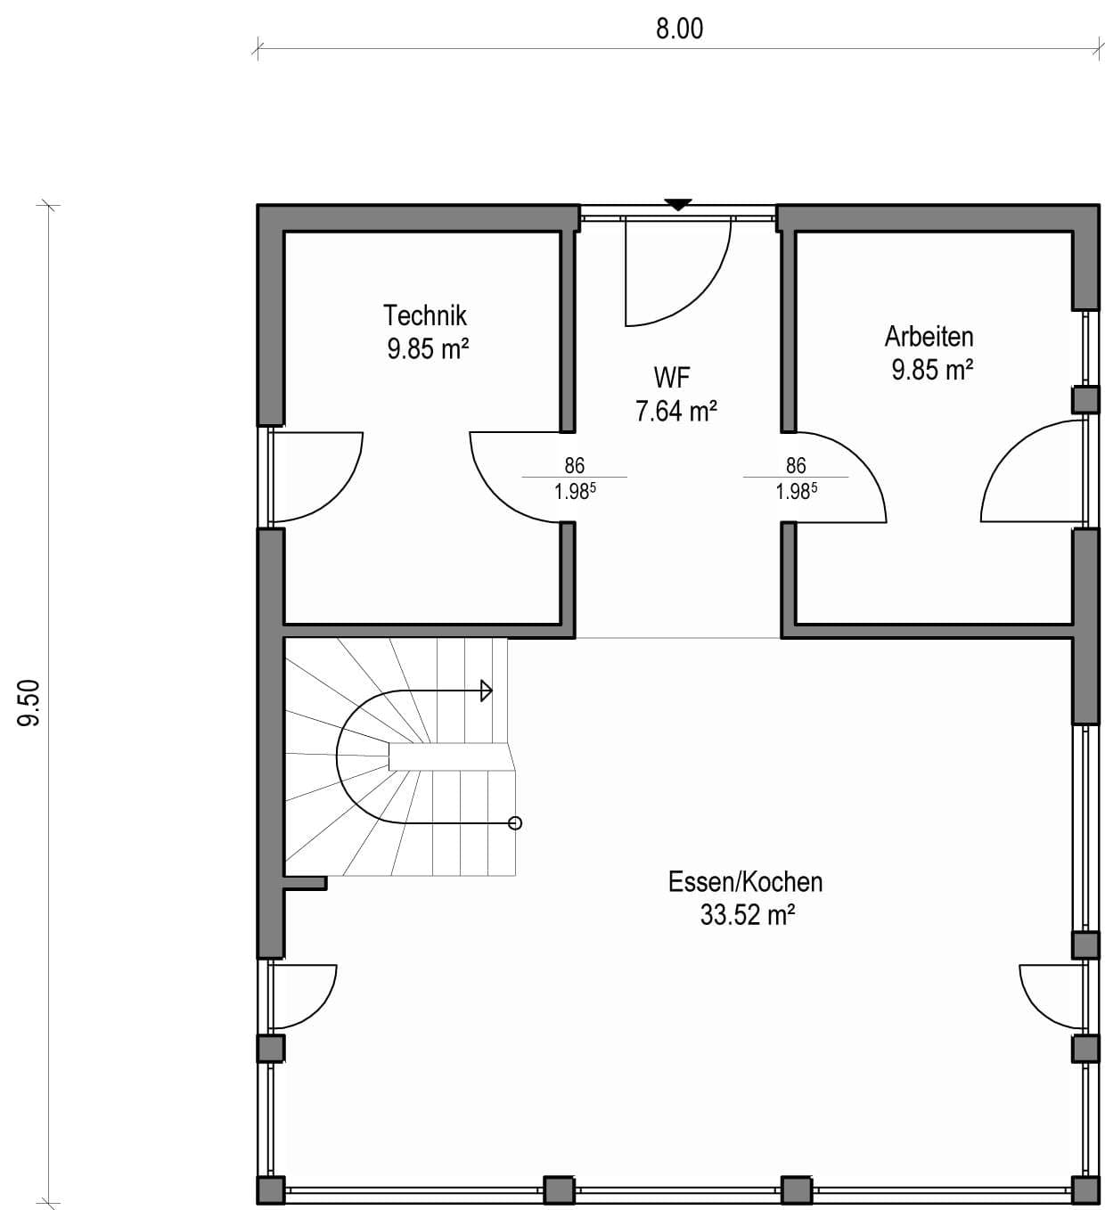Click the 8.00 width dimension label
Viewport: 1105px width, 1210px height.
(x=680, y=29)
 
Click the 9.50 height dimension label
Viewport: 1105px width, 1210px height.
(x=29, y=703)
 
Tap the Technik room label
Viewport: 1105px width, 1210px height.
(x=425, y=315)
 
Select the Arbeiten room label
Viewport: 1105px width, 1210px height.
(x=929, y=337)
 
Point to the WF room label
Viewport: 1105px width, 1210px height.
(x=672, y=378)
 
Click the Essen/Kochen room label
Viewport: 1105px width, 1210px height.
(x=745, y=882)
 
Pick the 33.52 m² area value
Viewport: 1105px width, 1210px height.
(x=747, y=915)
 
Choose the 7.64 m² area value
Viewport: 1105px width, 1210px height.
(x=675, y=412)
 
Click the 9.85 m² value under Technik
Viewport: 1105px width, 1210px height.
(x=428, y=349)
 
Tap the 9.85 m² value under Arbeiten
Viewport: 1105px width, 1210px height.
(x=932, y=370)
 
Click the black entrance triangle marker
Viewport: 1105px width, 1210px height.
(x=678, y=204)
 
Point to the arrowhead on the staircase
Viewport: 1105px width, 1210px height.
(x=487, y=691)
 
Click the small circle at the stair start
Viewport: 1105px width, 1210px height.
(x=515, y=822)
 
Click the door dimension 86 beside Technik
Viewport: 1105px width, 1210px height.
(x=575, y=465)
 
